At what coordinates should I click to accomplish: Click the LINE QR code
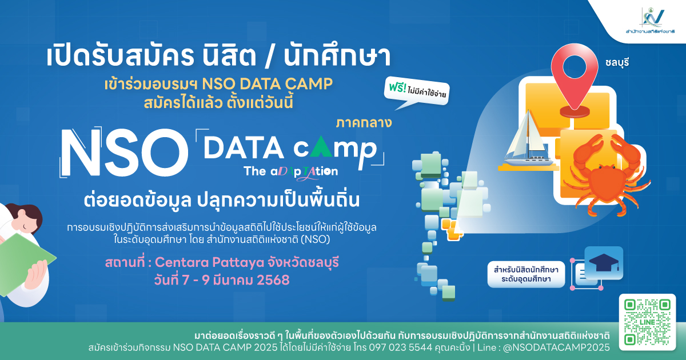click(647, 322)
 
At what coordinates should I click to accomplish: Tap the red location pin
click(575, 80)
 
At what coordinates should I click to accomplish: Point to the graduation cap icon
click(604, 263)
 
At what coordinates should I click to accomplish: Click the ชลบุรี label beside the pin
click(617, 62)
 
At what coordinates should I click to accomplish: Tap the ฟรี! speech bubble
click(417, 92)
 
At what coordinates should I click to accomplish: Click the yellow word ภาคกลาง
click(364, 123)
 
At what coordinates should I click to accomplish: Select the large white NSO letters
click(124, 153)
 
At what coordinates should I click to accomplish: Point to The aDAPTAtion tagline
click(290, 172)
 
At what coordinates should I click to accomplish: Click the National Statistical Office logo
click(650, 21)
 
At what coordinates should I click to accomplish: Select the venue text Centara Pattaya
click(209, 262)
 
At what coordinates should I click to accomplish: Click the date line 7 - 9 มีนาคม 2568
click(222, 280)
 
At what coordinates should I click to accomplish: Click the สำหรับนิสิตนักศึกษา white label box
click(526, 274)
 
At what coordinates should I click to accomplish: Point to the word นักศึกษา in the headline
click(337, 57)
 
